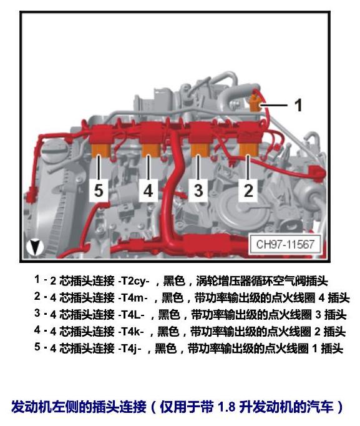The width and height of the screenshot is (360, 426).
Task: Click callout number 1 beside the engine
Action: point(298,105)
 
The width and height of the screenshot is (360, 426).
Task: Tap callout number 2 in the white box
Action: point(248,190)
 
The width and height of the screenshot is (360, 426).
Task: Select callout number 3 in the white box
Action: point(198,190)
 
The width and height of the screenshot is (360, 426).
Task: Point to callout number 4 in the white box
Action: point(148,190)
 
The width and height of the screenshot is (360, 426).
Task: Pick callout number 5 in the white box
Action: point(99,190)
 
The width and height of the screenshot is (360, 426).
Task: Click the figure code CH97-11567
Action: point(285,244)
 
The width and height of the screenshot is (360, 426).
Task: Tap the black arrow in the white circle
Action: point(35,247)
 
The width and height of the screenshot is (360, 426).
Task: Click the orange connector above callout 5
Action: point(101,151)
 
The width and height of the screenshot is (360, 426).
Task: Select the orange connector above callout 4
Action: point(151,151)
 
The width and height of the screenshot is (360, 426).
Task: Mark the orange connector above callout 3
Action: point(200,151)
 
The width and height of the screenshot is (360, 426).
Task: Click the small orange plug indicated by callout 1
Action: point(255,104)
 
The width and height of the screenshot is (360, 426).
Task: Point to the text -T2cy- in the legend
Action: point(134,281)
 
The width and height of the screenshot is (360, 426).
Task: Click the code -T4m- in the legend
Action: point(133,298)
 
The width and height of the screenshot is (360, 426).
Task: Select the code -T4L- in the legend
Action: point(131,315)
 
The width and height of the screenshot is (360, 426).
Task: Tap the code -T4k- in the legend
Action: point(131,332)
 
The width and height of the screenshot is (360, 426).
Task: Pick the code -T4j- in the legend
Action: point(130,349)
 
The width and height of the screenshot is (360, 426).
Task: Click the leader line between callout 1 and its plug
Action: point(274,105)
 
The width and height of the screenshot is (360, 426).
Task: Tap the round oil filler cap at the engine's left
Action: point(56,151)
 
